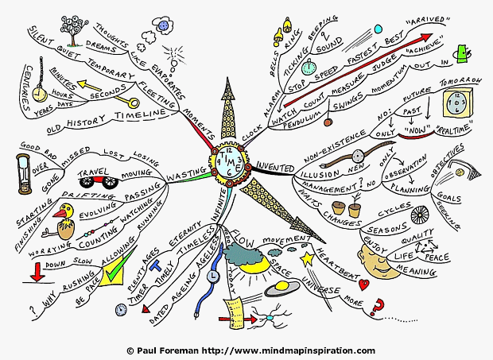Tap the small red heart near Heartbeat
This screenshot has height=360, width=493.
click(x=363, y=283)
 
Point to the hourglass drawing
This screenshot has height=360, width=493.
click(x=25, y=174)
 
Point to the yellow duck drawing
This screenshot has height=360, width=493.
click(x=66, y=215)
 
